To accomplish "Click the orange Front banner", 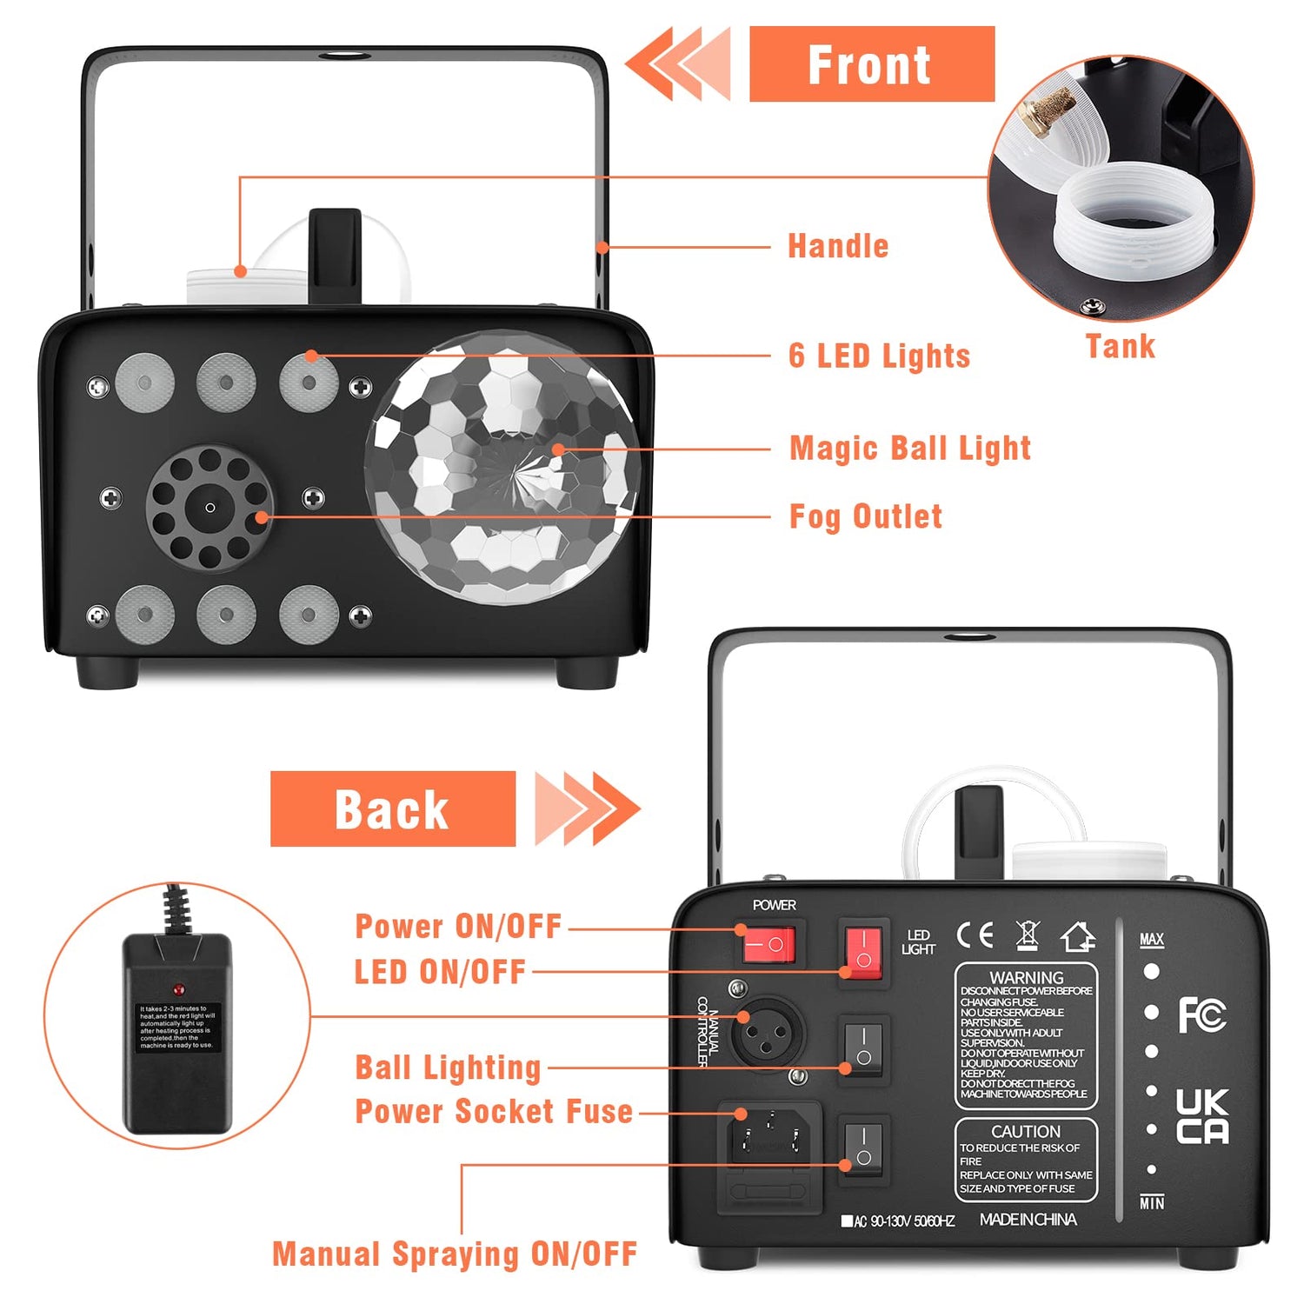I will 871,64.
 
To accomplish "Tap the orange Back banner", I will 392,808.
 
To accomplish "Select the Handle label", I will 838,246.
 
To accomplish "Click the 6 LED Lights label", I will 879,356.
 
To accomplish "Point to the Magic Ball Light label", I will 909,449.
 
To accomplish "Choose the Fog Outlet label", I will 865,516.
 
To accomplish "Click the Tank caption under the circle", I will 1120,346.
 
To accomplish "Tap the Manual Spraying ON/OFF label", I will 455,1254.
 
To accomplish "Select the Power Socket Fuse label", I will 494,1111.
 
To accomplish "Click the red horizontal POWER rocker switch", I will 768,944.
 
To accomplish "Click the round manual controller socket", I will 768,1034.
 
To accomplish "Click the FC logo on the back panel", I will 1201,1015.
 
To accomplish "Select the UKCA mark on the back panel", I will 1201,1116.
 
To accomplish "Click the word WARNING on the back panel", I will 1026,977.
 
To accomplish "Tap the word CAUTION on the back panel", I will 1026,1131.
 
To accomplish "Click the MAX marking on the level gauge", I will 1151,940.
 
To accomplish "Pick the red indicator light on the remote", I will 178,989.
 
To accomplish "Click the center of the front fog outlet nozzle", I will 210,508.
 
